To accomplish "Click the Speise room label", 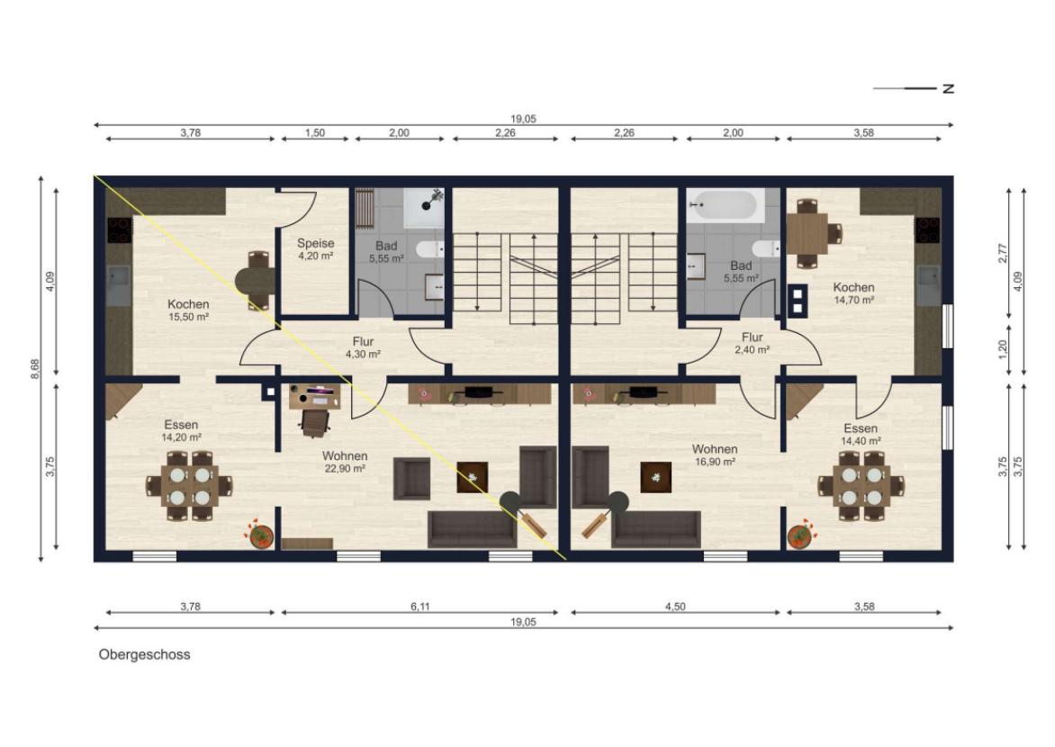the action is coord(316,243).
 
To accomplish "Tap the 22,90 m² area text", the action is coord(345,468).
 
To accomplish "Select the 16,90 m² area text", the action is coord(715,462).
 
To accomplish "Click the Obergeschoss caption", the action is coord(145,654).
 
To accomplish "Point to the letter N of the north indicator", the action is coord(949,88).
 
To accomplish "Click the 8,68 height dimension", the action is coord(35,369).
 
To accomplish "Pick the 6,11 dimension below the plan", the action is coord(419,607).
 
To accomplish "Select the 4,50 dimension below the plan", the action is coord(675,607).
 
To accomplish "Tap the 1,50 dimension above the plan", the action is coord(315,132).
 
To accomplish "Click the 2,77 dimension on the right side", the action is coord(1003,253).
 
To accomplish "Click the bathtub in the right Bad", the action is coord(726,205).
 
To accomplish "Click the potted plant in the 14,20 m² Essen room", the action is coord(260,535).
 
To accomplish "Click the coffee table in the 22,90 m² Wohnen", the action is coord(473,477).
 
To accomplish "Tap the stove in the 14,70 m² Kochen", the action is coord(927,229).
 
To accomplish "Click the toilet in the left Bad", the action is coord(430,249).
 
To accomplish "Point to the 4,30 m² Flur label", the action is coord(364,347).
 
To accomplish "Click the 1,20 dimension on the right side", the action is coord(1003,348).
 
